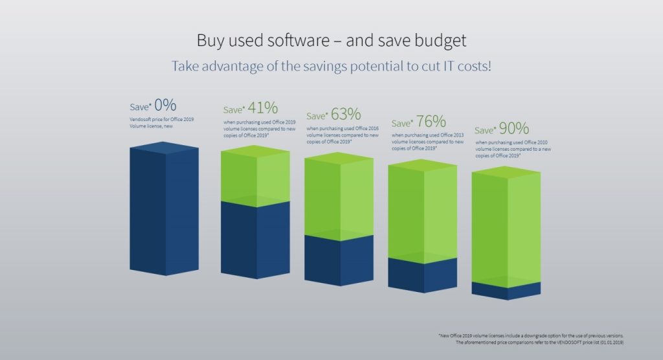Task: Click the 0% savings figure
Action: [165, 105]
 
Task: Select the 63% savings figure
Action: [346, 115]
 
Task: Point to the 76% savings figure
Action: [431, 121]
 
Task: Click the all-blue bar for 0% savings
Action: [164, 210]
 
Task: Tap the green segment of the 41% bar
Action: [256, 176]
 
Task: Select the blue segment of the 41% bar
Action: [256, 240]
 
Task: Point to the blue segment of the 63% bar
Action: [339, 260]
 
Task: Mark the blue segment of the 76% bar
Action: [422, 275]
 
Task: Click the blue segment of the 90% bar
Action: [506, 291]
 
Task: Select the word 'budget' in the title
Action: [441, 41]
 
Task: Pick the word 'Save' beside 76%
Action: [401, 123]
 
